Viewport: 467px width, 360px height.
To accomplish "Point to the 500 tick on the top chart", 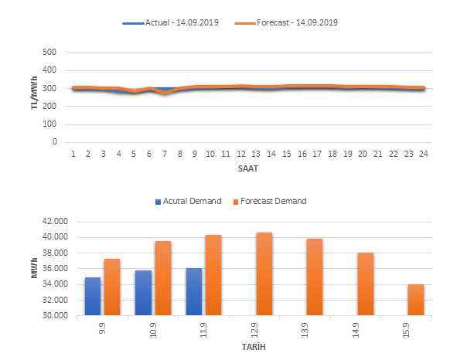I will [51, 53].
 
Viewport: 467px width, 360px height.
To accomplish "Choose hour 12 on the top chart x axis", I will [240, 155].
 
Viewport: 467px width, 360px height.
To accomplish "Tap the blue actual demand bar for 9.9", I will [93, 296].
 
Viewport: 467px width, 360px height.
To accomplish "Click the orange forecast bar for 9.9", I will [113, 287].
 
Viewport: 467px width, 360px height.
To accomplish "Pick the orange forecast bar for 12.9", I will [264, 273].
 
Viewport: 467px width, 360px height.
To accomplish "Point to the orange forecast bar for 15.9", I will [415, 300].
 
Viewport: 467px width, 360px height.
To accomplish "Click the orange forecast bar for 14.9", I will [365, 284].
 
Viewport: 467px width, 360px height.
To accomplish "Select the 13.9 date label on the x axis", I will [315, 330].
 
